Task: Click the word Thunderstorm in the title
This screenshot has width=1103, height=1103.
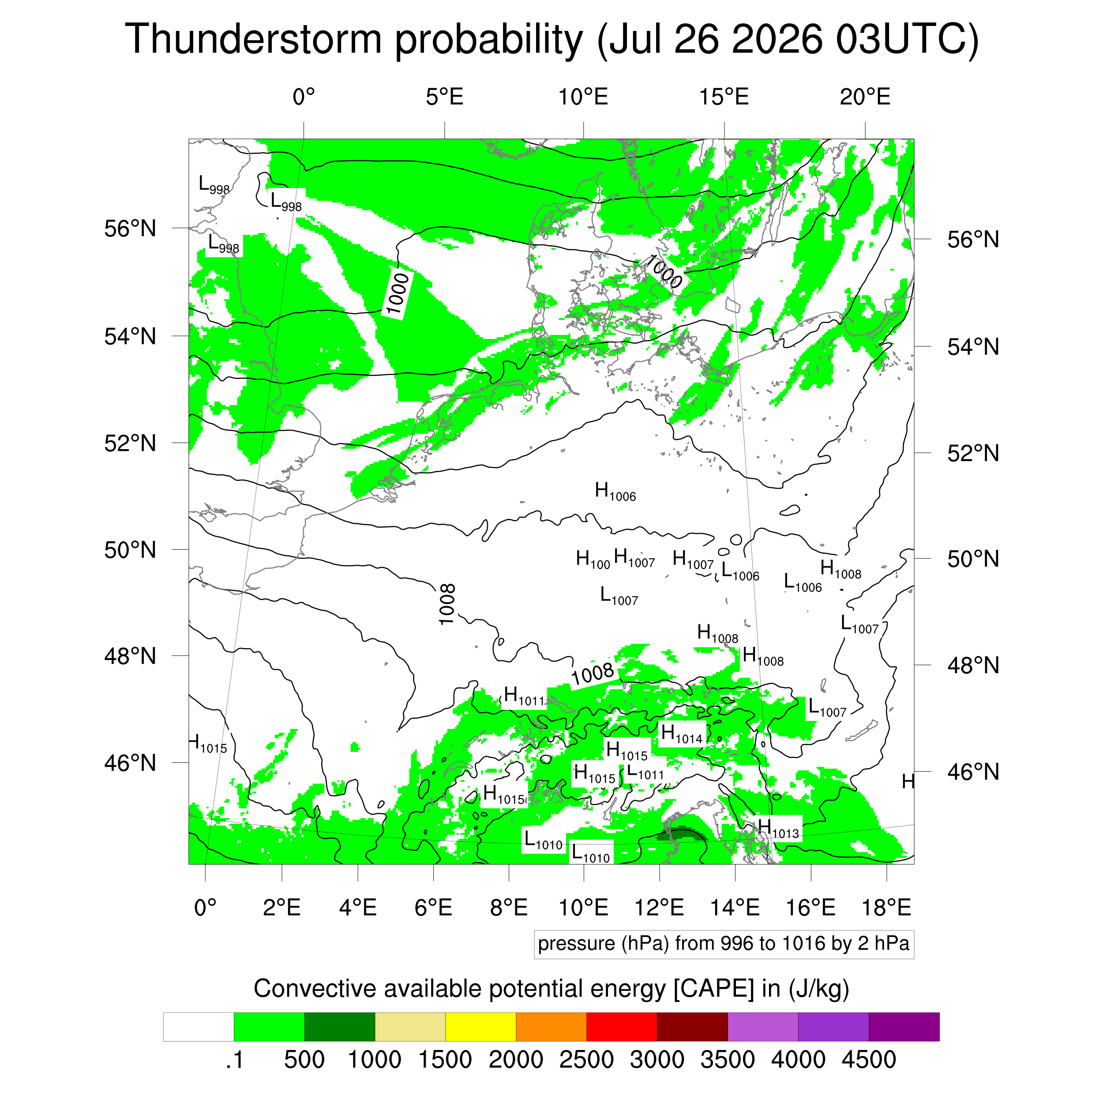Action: click(254, 39)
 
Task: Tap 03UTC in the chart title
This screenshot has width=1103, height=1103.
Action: click(907, 39)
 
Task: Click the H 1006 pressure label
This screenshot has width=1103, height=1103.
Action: click(615, 491)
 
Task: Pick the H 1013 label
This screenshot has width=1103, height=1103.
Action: click(778, 829)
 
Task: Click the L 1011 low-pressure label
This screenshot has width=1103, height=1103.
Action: click(645, 771)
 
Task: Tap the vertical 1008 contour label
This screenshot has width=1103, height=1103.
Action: click(447, 604)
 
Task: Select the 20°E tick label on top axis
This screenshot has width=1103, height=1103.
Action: click(865, 97)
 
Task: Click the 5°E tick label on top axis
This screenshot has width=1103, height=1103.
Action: click(445, 97)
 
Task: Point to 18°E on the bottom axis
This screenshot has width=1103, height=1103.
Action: click(886, 907)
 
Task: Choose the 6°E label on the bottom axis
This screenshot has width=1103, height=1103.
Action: click(433, 907)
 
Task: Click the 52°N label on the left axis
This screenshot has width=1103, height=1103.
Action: click(130, 443)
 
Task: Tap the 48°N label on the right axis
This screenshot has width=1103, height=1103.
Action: click(973, 665)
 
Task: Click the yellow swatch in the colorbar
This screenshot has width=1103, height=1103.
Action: click(481, 1027)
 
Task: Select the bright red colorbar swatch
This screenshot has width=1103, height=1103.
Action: click(622, 1027)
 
